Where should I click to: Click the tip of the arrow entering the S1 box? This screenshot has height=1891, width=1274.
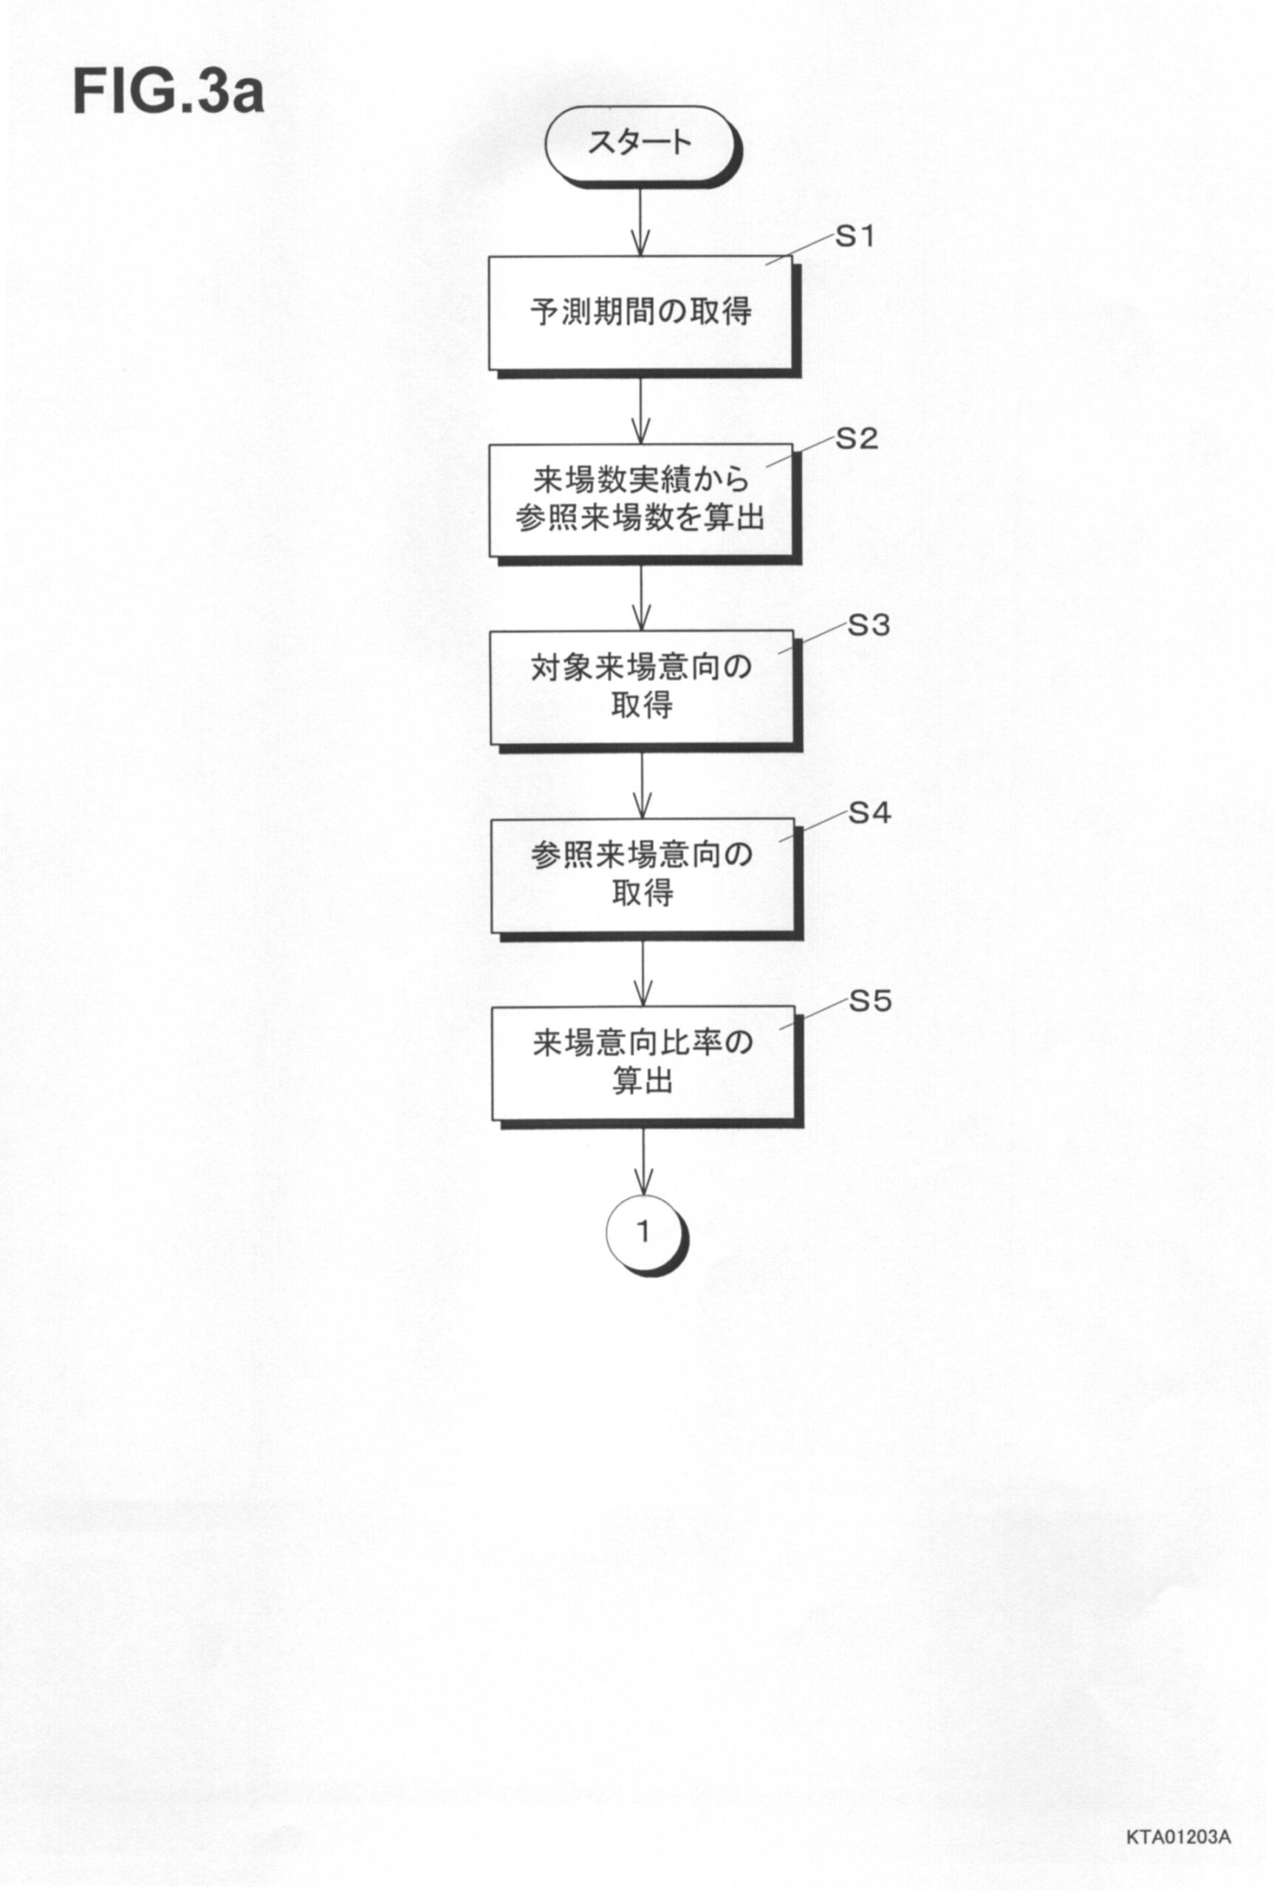click(x=640, y=257)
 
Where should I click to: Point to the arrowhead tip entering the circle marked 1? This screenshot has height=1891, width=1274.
click(x=643, y=1194)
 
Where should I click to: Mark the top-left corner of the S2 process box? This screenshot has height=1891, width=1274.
click(x=488, y=444)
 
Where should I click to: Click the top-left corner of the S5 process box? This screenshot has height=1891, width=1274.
click(x=492, y=1007)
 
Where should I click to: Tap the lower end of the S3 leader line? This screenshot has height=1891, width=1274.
click(x=778, y=654)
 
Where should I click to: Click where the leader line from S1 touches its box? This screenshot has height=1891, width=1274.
click(x=766, y=264)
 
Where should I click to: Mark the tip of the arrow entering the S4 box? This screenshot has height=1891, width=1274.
click(x=642, y=818)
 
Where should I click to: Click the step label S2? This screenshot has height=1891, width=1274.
click(x=857, y=439)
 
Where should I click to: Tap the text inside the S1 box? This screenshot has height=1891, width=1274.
click(x=640, y=312)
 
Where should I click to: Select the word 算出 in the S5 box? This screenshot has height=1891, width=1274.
click(x=642, y=1081)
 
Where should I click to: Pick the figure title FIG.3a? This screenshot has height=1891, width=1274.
click(x=169, y=92)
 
